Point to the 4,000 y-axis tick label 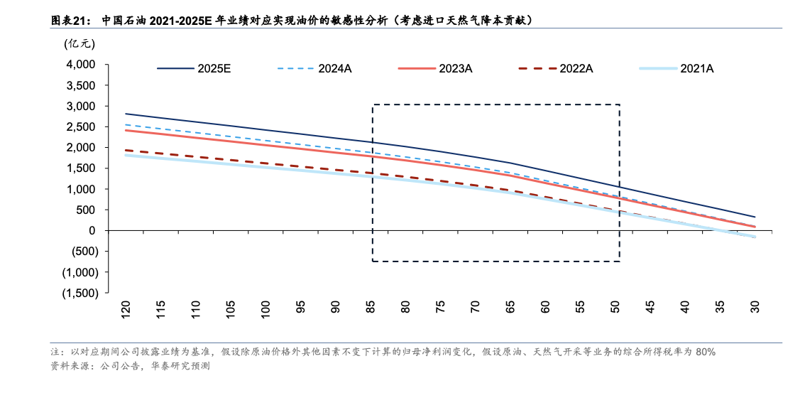(80, 65)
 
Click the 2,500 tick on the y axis (80, 126)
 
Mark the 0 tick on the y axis (92, 230)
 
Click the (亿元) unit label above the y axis (79, 44)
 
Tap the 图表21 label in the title (70, 21)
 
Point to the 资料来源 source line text (71, 367)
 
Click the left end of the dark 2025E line (126, 114)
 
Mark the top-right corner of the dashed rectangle (620, 105)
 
